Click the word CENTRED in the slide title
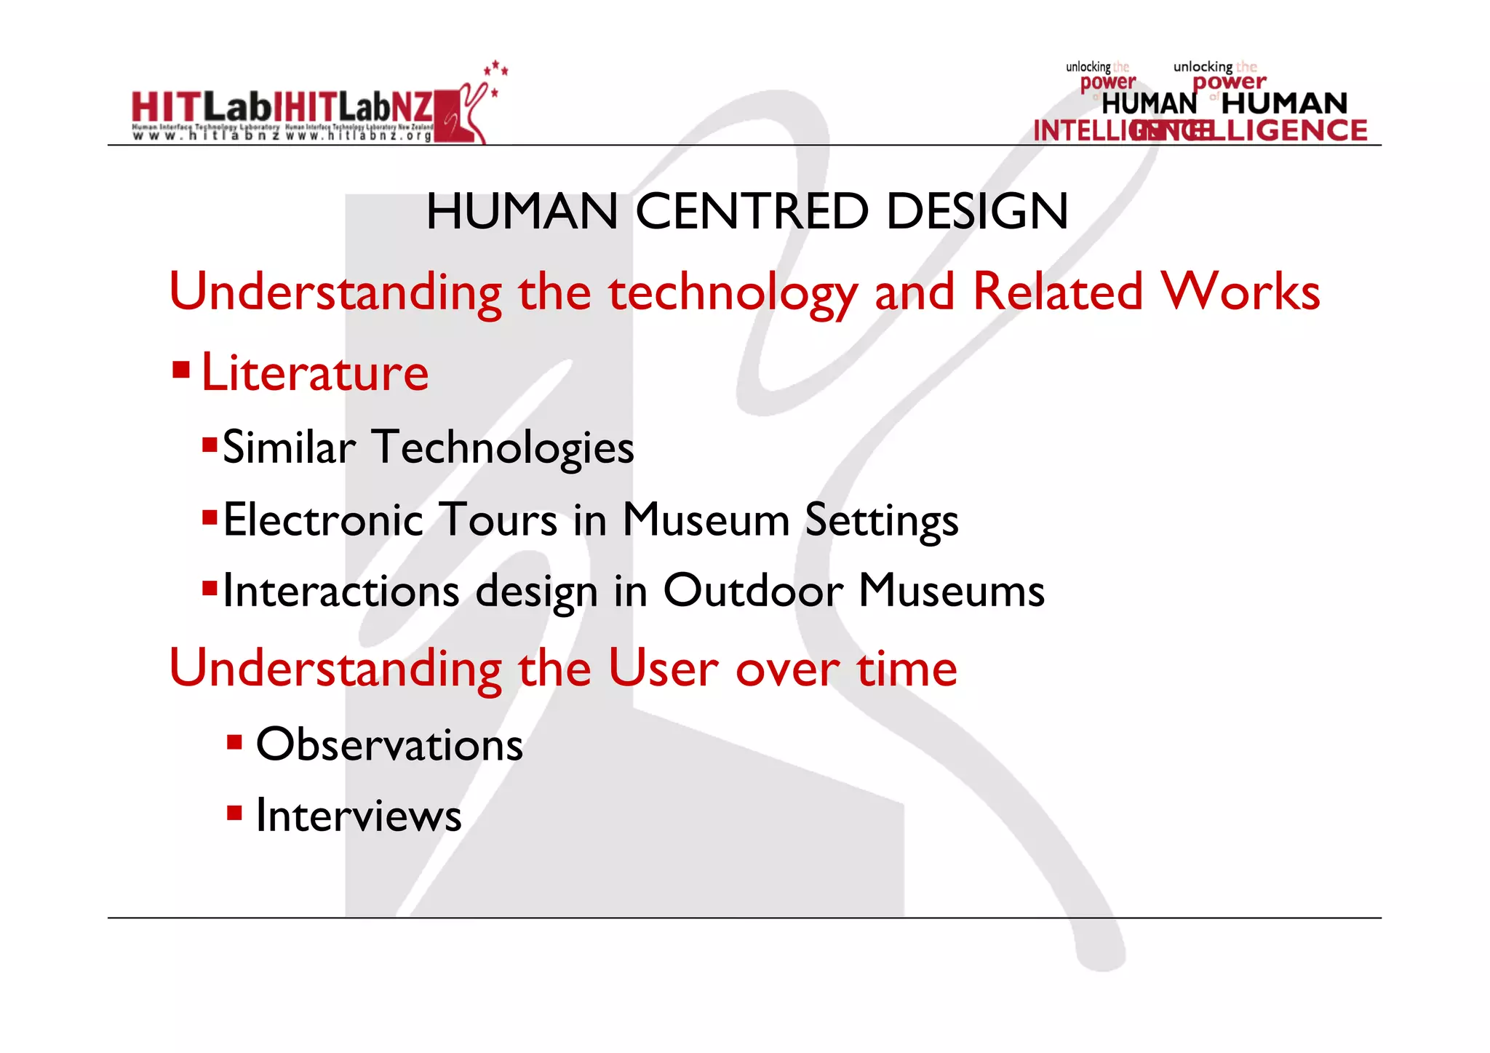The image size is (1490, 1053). click(x=752, y=212)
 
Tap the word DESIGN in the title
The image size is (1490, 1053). click(x=977, y=212)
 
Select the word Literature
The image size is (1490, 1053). click(x=314, y=373)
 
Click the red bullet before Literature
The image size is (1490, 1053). click(x=181, y=370)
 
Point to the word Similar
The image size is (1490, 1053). click(x=289, y=447)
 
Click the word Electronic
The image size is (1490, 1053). click(x=323, y=520)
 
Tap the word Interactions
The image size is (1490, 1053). click(x=340, y=590)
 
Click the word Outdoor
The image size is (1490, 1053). click(x=753, y=590)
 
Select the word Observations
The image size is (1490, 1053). click(x=389, y=744)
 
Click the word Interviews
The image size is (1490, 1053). click(x=359, y=815)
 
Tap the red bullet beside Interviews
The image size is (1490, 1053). click(x=234, y=812)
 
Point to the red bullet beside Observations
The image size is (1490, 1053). click(x=234, y=742)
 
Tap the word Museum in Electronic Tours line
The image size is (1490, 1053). click(x=706, y=520)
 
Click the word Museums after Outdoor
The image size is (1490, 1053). click(x=952, y=590)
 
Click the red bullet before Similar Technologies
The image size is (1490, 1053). click(x=210, y=444)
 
